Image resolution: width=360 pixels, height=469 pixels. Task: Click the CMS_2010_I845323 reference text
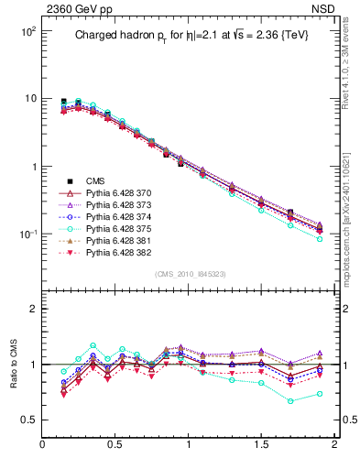tap(190, 275)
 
